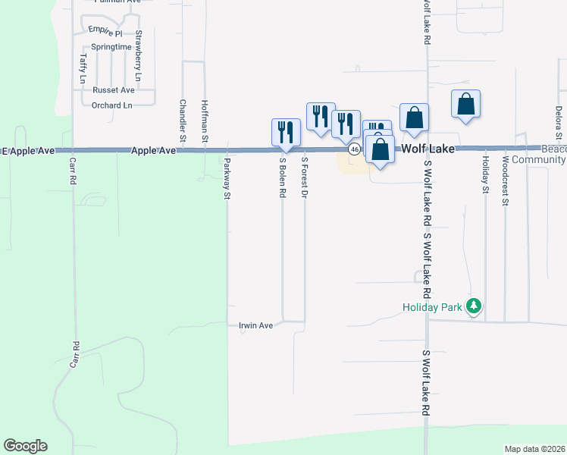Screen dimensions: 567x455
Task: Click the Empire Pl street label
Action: [x=105, y=30]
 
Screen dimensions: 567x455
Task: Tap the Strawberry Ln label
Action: [x=138, y=55]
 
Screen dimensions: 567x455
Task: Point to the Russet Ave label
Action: [x=113, y=89]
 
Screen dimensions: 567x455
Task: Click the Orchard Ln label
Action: [x=111, y=105]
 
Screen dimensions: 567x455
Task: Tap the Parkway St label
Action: [x=226, y=177]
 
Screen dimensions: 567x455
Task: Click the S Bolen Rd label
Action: [x=282, y=177]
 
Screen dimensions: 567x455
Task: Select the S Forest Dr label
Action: [x=304, y=177]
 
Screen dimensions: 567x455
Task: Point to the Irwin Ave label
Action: [x=255, y=325]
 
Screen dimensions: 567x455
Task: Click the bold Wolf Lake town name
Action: [x=428, y=149]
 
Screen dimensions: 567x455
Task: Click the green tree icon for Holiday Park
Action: [x=475, y=306]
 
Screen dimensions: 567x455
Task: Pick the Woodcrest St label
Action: [x=506, y=180]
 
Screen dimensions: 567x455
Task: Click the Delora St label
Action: [x=558, y=121]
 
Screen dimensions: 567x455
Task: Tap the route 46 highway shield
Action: [x=354, y=150]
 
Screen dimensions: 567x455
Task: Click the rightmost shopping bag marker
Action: [x=465, y=105]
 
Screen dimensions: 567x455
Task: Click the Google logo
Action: [x=25, y=446]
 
